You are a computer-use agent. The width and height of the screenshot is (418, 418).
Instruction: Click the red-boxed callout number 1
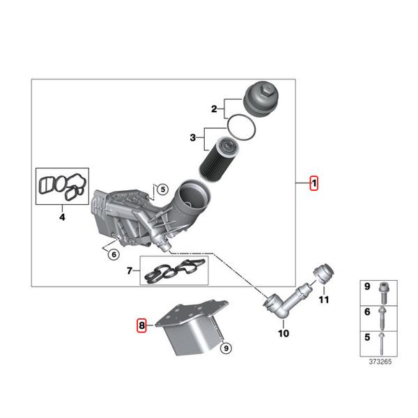[314, 184]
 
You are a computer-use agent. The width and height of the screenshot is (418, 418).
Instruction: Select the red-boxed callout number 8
[141, 325]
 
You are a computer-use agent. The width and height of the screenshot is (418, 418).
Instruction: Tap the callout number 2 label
[215, 108]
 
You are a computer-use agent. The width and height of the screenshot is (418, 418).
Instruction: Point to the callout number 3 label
[194, 139]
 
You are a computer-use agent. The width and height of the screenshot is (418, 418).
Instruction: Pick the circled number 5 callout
[162, 189]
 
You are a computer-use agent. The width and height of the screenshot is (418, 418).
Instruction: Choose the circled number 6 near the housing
[113, 254]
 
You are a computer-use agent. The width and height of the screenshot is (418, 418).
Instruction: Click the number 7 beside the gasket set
[129, 271]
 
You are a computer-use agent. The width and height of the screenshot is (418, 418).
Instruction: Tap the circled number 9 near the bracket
[224, 346]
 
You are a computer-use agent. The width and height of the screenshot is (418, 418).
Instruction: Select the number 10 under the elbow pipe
[283, 334]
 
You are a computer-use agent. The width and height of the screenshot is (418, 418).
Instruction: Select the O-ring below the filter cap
[242, 127]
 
